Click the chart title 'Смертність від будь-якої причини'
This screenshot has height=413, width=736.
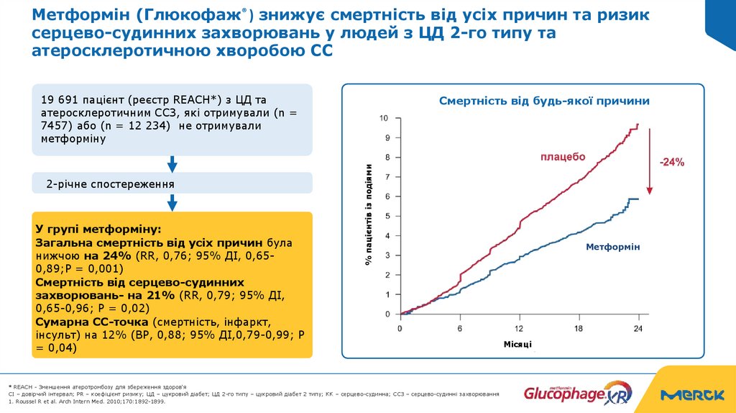[544, 101]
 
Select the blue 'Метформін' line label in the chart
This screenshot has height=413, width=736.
[612, 247]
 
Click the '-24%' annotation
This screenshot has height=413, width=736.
[672, 163]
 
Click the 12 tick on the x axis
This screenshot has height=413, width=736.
[519, 328]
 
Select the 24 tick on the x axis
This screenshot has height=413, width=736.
[637, 328]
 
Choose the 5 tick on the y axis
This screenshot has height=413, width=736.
[388, 216]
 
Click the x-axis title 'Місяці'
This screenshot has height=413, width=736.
[517, 345]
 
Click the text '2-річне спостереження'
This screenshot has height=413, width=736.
[110, 184]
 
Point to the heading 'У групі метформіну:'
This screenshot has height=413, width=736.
[98, 230]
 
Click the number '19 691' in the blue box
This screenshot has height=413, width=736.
[57, 99]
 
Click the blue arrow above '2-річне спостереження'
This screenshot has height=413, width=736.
[172, 164]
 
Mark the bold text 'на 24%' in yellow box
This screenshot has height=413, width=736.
[106, 255]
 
